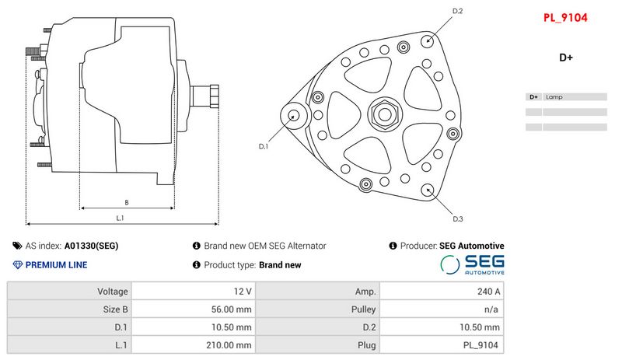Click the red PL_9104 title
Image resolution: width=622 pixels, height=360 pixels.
(x=565, y=17)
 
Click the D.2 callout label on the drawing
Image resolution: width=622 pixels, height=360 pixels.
(x=458, y=11)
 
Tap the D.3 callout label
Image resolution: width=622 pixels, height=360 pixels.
(x=458, y=218)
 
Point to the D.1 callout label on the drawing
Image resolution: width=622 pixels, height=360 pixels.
(x=263, y=146)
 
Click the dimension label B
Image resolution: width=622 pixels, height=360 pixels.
(x=127, y=202)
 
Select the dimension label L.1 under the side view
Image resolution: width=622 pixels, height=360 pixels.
(x=121, y=218)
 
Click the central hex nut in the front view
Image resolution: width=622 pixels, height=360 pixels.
(x=383, y=116)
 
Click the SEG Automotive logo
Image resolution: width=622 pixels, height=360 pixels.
(x=473, y=264)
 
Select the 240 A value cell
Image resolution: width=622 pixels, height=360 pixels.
(x=441, y=292)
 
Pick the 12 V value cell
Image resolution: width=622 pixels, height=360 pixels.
(x=194, y=292)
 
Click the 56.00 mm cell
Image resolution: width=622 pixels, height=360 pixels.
(x=194, y=309)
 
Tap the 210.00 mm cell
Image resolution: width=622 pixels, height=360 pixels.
(x=194, y=345)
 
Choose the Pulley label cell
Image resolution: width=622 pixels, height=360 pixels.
(x=318, y=309)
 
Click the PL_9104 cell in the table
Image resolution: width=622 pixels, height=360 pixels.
(x=441, y=345)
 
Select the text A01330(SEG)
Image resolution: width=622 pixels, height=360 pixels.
(x=91, y=246)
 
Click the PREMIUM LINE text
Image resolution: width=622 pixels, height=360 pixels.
(x=56, y=265)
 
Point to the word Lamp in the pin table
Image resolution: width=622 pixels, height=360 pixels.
(x=554, y=97)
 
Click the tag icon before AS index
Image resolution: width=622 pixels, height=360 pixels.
(x=17, y=246)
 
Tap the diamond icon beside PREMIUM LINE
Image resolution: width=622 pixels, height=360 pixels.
(x=17, y=265)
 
